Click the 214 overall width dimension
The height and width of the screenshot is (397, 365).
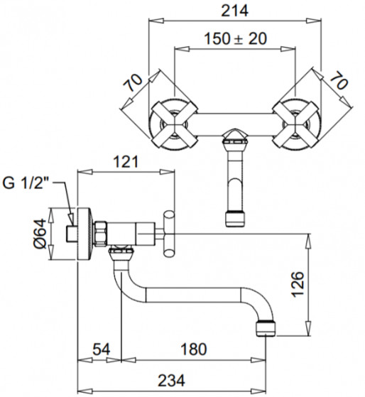pos(234,11)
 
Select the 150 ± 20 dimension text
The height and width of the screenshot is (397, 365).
pos(235,39)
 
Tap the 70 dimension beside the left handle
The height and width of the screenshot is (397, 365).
pos(133,82)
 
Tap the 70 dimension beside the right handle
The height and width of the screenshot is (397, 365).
pos(339,80)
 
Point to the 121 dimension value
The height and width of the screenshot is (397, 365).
pos(126,162)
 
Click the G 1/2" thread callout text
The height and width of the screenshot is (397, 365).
pos(26,183)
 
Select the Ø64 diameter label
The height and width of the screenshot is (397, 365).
pos(40,234)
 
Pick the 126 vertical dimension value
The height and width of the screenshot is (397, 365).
pos(298,284)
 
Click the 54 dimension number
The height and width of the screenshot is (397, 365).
pos(102,349)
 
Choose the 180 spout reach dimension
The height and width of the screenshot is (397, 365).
pos(194,349)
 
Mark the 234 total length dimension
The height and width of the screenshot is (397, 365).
pos(171,381)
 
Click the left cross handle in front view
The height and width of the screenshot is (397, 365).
pos(174,124)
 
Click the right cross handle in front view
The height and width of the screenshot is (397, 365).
pos(295,124)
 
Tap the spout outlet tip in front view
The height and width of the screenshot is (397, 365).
pos(235,218)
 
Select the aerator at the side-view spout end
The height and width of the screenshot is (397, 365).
pos(266,328)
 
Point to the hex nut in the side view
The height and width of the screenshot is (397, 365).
pos(101,234)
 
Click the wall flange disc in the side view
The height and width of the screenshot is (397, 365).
pos(84,234)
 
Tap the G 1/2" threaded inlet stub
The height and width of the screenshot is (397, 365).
pos(72,234)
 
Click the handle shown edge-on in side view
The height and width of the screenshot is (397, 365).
pos(168,234)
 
